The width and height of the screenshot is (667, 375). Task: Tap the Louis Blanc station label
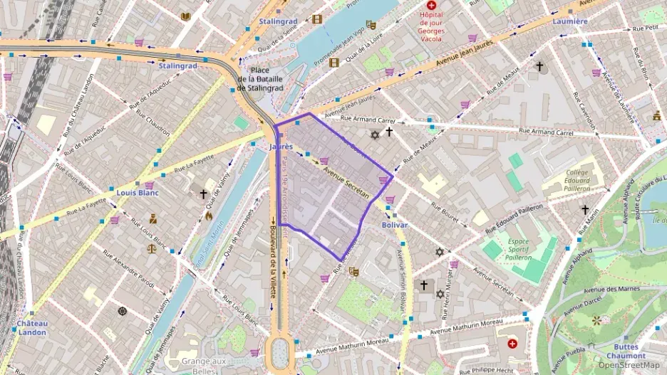coord(138,193)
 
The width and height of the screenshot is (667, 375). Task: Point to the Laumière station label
coord(570,21)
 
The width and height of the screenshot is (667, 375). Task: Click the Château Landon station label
coord(32,327)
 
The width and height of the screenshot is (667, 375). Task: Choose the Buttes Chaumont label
coord(626,351)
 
